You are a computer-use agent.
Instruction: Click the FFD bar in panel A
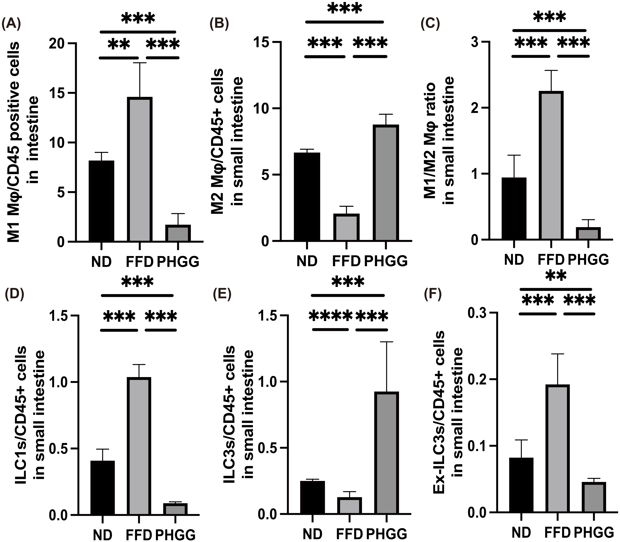coord(140,169)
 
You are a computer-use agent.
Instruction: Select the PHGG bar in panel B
coord(385,183)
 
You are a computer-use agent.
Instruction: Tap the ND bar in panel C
coord(514,209)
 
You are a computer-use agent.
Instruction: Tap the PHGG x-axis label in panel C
coord(588,260)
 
